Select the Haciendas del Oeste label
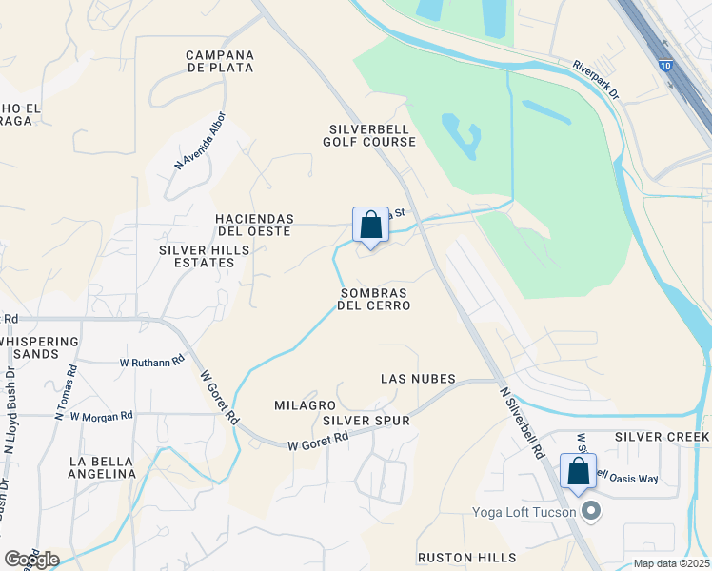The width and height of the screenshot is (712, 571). (x=254, y=225)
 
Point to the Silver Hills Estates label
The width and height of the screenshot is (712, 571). (x=204, y=256)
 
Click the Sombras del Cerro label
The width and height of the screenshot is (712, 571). (x=375, y=299)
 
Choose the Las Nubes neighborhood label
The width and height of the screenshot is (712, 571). (x=418, y=379)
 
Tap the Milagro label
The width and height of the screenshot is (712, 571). (x=305, y=405)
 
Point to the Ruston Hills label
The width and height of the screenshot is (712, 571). (x=466, y=558)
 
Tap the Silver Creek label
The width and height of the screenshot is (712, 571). (x=662, y=437)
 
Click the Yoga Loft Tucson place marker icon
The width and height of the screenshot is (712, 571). (x=591, y=512)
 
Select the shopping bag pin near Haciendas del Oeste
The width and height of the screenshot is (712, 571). (x=370, y=226)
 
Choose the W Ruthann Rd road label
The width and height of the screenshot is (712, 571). (x=149, y=363)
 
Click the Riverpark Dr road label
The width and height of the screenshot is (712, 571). (x=596, y=81)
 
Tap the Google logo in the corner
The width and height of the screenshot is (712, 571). (x=31, y=560)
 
